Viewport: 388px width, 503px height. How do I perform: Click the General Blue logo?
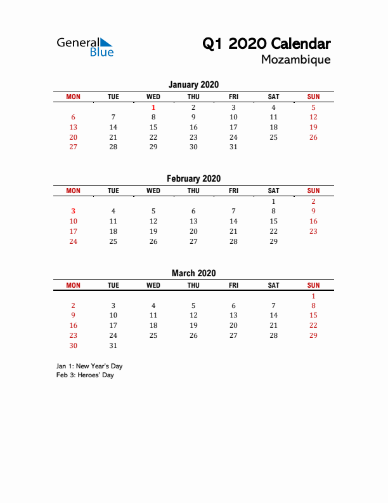[x=85, y=46]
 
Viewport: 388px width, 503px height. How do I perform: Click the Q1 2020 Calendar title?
[x=266, y=44]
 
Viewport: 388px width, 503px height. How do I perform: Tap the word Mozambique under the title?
[x=295, y=60]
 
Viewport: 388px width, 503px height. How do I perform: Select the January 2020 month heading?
[x=193, y=84]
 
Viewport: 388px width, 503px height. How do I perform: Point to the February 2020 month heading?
[x=193, y=178]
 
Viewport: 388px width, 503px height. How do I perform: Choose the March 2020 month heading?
[x=193, y=273]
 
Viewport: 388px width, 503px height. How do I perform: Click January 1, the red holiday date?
[x=153, y=107]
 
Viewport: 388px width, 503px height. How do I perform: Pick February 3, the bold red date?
[x=74, y=211]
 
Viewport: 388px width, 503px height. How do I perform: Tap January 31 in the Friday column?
[x=233, y=147]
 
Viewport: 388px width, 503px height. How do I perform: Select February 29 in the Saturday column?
[x=273, y=241]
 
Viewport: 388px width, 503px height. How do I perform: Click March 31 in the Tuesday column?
[x=113, y=345]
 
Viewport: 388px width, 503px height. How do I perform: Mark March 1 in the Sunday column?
[x=313, y=295]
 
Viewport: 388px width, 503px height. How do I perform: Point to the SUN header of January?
[x=313, y=97]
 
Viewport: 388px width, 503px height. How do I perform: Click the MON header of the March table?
[x=74, y=285]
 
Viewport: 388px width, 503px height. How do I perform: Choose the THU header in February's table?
[x=193, y=191]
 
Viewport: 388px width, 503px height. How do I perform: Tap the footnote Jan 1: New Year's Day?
[x=89, y=366]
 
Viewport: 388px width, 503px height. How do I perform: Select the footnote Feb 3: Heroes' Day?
[x=85, y=375]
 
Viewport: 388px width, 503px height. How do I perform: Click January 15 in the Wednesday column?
[x=153, y=127]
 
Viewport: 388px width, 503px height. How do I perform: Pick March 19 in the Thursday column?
[x=193, y=325]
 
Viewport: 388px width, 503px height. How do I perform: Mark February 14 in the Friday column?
[x=233, y=221]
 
